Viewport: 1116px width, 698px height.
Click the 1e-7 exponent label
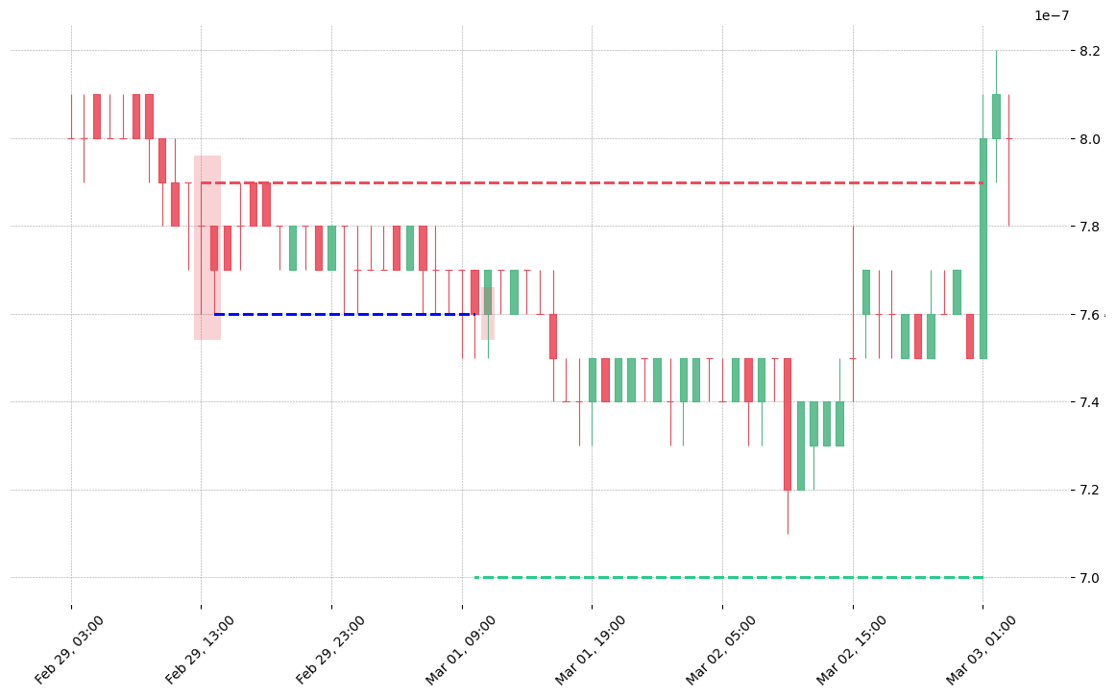coord(1052,15)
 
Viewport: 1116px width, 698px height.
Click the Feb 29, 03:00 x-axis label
coord(69,650)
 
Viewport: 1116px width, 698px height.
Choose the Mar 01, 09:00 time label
coord(460,650)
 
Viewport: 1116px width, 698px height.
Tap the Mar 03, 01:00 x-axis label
coord(981,650)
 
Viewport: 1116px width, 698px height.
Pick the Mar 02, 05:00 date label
coord(720,650)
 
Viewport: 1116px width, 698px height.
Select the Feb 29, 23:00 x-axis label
coord(329,650)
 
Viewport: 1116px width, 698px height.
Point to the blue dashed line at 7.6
coord(345,315)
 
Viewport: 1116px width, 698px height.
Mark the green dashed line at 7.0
coord(729,578)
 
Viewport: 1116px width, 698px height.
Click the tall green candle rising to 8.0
coord(983,249)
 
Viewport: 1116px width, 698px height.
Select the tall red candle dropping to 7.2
coord(788,424)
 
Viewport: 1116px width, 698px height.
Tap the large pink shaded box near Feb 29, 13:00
coord(207,248)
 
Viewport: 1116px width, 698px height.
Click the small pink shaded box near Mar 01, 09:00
coord(488,313)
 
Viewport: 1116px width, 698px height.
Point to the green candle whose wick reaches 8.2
coord(997,117)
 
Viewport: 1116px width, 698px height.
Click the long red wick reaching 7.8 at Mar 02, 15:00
coord(853,314)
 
